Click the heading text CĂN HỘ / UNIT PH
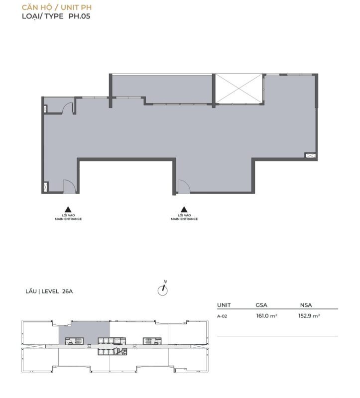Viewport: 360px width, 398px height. coord(57,7)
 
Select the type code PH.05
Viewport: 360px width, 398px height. coord(79,16)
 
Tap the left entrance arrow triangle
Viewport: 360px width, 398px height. coord(68,209)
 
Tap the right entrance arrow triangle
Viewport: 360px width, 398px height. coord(184,209)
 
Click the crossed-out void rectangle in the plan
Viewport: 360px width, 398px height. coord(239,89)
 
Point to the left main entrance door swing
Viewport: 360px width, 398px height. coord(69,186)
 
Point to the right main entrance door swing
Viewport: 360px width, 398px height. coord(184,187)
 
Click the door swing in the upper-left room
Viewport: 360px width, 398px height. coord(68,107)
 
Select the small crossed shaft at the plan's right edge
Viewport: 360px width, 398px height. coord(310,155)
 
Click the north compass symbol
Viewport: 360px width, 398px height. coord(163,289)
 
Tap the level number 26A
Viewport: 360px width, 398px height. coord(67,292)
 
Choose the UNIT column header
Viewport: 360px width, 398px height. coord(224,305)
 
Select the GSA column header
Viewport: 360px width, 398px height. coord(261,305)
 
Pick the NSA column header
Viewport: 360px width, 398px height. coord(306,305)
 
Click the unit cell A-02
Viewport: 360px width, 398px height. coord(222,316)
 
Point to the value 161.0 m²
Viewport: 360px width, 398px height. coord(266,316)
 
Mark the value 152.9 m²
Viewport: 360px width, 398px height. coord(309,316)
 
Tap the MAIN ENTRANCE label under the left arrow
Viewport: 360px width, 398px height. coord(68,219)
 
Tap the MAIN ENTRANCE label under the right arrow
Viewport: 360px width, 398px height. coord(184,219)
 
